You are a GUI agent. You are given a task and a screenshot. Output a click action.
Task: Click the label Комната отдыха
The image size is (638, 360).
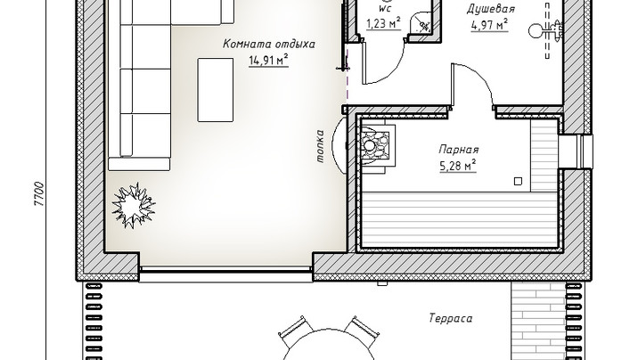click(x=268, y=44)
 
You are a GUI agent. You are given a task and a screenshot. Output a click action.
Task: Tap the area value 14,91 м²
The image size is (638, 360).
click(x=268, y=61)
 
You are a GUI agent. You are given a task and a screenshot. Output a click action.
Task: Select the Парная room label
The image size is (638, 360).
click(x=459, y=150)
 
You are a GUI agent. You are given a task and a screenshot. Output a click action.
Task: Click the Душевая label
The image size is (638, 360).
click(x=490, y=9)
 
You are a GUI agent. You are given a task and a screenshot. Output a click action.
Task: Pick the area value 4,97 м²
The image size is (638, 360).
click(x=489, y=25)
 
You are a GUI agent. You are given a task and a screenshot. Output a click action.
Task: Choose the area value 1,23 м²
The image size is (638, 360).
click(x=383, y=23)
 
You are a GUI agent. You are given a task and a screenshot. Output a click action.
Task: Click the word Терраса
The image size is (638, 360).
click(x=451, y=318)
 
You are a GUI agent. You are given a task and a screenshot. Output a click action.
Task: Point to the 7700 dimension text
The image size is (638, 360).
click(x=38, y=193)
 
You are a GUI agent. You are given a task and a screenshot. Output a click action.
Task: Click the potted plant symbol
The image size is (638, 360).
click(x=133, y=206)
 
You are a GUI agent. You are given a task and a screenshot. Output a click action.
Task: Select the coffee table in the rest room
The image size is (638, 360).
click(x=216, y=90)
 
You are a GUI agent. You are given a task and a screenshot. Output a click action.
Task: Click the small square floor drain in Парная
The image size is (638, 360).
click(x=518, y=182)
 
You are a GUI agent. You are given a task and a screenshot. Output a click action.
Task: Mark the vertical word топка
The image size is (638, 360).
click(x=320, y=146)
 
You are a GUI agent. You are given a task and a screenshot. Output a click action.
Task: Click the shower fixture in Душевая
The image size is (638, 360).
click(x=545, y=30)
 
